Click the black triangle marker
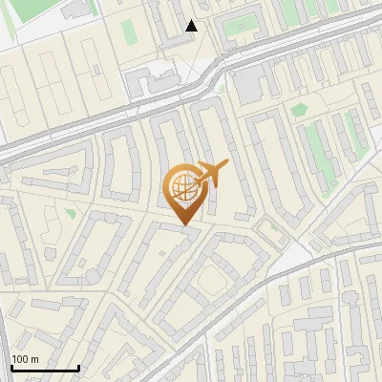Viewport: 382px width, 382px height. (192, 26)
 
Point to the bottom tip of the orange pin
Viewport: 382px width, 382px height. (182, 224)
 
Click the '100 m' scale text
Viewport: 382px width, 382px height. (25, 358)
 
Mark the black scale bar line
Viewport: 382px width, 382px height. (45, 368)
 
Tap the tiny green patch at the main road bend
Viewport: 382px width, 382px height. (221, 87)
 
